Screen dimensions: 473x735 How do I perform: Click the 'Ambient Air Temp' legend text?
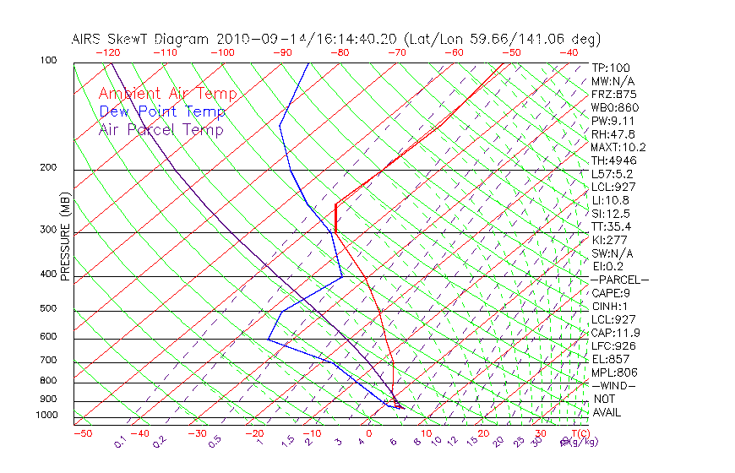pos(167,94)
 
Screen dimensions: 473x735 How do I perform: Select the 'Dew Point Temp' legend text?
pos(161,111)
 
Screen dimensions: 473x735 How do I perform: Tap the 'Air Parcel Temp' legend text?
pos(161,129)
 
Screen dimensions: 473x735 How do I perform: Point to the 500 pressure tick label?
pos(49,308)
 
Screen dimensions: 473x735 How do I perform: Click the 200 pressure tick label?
pos(49,168)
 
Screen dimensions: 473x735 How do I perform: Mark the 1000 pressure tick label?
pos(46,416)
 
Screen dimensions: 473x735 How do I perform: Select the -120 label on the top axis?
pos(107,52)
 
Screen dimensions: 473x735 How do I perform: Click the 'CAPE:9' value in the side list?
pos(612,292)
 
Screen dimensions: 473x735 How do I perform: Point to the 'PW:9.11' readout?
pos(612,121)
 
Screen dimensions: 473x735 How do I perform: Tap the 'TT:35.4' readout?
pos(612,226)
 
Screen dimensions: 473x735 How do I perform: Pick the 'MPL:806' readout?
pos(614,372)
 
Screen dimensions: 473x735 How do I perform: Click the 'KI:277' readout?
pos(609,240)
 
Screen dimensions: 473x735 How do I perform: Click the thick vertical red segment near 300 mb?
pos(335,217)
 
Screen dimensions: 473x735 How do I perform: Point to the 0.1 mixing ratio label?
pos(120,442)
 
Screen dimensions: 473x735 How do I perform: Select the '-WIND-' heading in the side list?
pos(613,385)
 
